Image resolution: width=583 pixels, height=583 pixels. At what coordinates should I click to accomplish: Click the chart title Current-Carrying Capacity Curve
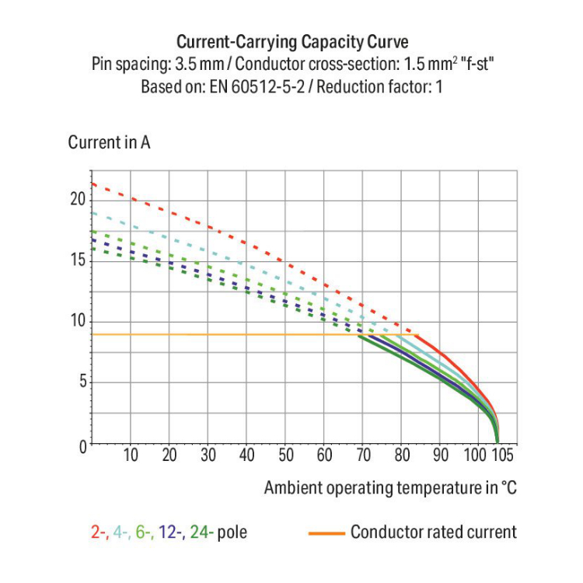coord(291,41)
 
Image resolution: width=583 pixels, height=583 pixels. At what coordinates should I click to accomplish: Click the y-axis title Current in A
coord(109,143)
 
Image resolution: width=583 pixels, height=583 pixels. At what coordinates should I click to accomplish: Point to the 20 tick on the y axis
coord(77,198)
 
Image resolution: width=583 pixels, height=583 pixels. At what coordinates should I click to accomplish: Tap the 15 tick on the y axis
coord(77,260)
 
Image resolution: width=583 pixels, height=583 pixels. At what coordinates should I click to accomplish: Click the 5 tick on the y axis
coord(81,382)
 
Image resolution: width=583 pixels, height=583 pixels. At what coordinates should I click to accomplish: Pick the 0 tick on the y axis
coord(81,445)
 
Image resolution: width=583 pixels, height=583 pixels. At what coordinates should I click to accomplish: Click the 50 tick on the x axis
coord(285,456)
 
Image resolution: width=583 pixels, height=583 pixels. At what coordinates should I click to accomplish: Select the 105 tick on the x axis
coord(503,456)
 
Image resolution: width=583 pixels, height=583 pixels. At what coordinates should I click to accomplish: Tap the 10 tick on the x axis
coord(131,456)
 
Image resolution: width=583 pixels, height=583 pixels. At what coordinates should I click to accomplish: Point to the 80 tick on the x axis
coord(402,456)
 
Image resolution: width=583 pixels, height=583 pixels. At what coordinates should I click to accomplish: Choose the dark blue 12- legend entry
coord(172,533)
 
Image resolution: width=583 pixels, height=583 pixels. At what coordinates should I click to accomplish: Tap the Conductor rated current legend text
coord(433,532)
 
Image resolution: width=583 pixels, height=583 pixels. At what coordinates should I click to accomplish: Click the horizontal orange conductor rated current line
coord(233,334)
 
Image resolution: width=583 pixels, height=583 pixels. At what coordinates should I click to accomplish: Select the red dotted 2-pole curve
coord(233,230)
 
